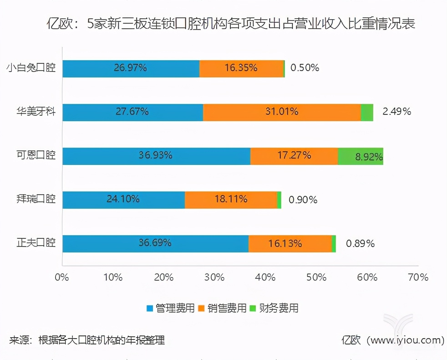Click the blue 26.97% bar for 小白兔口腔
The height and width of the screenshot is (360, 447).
click(131, 68)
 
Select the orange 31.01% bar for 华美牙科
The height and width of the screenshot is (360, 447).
click(282, 112)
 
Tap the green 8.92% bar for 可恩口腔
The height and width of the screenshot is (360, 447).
click(361, 156)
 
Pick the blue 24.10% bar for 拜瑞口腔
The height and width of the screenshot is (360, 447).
click(123, 200)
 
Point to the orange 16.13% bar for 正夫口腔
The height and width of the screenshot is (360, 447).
click(290, 243)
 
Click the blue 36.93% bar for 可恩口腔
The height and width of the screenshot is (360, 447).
click(156, 156)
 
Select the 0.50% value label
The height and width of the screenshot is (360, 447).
click(305, 68)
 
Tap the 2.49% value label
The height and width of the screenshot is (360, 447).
click(396, 112)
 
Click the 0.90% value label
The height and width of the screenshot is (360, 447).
click(303, 200)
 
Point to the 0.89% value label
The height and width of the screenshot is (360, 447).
click(360, 243)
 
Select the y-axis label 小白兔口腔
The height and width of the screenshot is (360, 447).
click(30, 68)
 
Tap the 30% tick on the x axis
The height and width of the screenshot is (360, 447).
click(214, 277)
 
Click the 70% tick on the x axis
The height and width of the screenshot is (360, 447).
click(418, 277)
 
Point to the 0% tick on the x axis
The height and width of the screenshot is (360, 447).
click(62, 277)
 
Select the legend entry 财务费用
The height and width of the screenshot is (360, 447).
click(279, 308)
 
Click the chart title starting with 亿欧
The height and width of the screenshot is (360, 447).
click(230, 24)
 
